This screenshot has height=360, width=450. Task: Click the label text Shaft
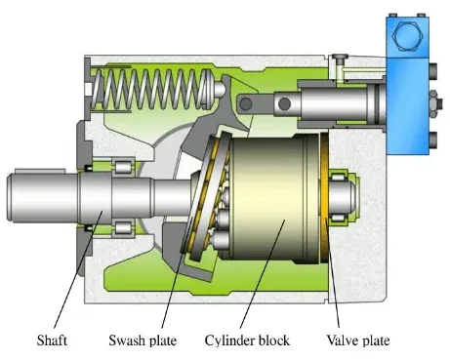point(52,340)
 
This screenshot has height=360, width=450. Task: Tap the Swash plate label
point(143,340)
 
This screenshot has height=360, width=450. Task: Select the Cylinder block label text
point(247,340)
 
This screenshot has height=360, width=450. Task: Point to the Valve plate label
point(358,340)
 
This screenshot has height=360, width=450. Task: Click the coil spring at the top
point(153,90)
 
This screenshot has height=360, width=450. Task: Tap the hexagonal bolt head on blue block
point(407,36)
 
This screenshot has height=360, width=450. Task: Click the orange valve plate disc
point(325,198)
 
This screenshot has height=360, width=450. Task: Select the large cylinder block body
point(273,198)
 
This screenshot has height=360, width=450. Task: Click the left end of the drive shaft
point(8,197)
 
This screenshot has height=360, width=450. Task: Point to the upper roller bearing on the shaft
point(124,166)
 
